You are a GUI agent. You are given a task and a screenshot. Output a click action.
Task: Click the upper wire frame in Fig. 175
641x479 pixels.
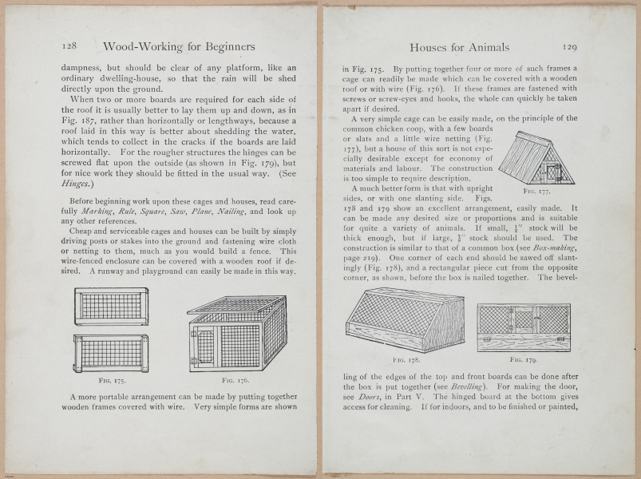tap(111, 306)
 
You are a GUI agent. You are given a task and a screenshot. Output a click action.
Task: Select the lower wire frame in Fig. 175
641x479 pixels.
tap(111, 353)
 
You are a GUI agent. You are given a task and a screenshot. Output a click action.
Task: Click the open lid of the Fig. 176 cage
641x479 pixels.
tap(235, 304)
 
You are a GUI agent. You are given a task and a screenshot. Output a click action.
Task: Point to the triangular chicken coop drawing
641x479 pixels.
tap(536, 157)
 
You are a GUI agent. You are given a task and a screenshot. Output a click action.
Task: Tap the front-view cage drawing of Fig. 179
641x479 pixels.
tap(523, 327)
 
